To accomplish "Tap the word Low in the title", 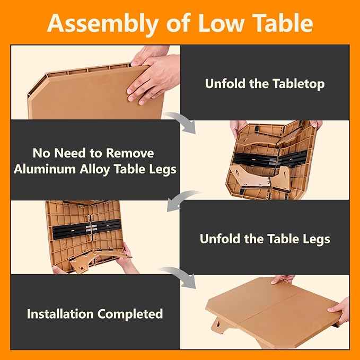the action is [x=221, y=23].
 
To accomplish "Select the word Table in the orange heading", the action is [x=284, y=23].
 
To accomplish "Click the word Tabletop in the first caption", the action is [x=298, y=84].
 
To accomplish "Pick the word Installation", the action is [x=60, y=314].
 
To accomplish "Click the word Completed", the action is [x=130, y=314].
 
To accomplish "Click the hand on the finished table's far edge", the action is [x=282, y=279].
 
